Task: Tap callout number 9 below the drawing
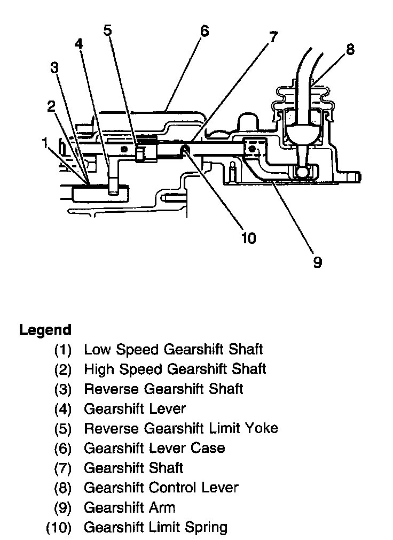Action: pyautogui.click(x=317, y=263)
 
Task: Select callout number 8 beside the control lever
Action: pyautogui.click(x=350, y=50)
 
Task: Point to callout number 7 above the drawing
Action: pyautogui.click(x=273, y=37)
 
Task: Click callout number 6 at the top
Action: pyautogui.click(x=204, y=30)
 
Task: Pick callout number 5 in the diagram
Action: pyautogui.click(x=107, y=30)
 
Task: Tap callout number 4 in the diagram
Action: pyautogui.click(x=79, y=44)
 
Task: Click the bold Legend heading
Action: pyautogui.click(x=45, y=330)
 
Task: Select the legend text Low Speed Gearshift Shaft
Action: pyautogui.click(x=173, y=350)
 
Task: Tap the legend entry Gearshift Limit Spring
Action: pyautogui.click(x=155, y=527)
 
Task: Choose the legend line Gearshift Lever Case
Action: pyautogui.click(x=154, y=448)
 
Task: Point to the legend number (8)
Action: pyautogui.click(x=62, y=488)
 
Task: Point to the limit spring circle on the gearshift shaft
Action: pyautogui.click(x=184, y=150)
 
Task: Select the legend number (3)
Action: pyautogui.click(x=62, y=389)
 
